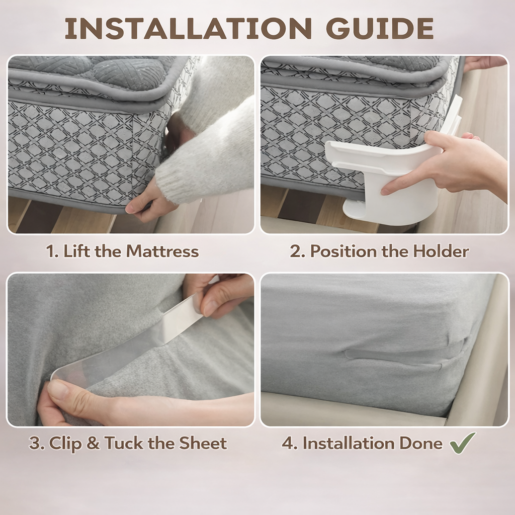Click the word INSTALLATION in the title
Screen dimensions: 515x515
coord(188,29)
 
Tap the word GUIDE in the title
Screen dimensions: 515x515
coord(380,29)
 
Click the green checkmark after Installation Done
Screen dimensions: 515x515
coord(463,443)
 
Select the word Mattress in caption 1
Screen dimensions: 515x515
coord(162,251)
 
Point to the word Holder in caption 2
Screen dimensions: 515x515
coord(441,251)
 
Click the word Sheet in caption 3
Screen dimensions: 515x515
coord(203,443)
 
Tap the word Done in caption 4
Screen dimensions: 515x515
coord(421,443)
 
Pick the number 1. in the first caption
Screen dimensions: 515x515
coord(52,251)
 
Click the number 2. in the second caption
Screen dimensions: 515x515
coord(298,251)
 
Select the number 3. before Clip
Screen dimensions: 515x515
coord(37,444)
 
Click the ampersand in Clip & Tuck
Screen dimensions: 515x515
coord(93,444)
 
